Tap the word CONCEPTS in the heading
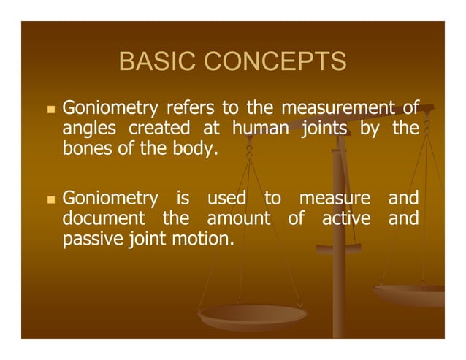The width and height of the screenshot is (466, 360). [277, 62]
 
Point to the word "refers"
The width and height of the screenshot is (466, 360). [191, 110]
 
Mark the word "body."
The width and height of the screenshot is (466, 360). [196, 150]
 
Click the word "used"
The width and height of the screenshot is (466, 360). [226, 198]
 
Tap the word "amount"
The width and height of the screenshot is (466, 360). [238, 218]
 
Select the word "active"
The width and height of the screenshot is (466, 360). [346, 218]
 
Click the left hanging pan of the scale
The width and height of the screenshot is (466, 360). [253, 315]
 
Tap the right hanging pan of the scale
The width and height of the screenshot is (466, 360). [413, 294]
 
